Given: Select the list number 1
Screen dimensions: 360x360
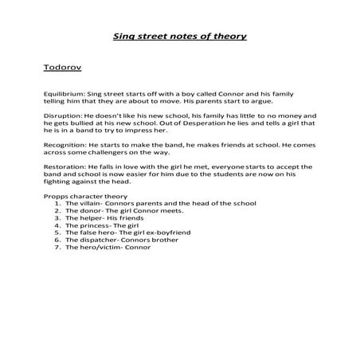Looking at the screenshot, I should pyautogui.click(x=58, y=203).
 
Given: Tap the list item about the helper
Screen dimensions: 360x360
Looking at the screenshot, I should pyautogui.click(x=108, y=218).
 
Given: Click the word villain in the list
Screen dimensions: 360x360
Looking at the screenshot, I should pyautogui.click(x=91, y=203).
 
